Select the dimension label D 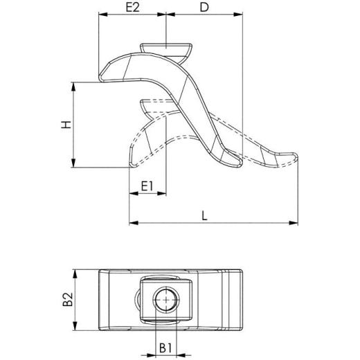point(204,8)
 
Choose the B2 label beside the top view point(68,299)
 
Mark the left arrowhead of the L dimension point(132,223)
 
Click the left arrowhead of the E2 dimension point(102,15)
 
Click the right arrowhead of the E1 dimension point(168,195)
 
